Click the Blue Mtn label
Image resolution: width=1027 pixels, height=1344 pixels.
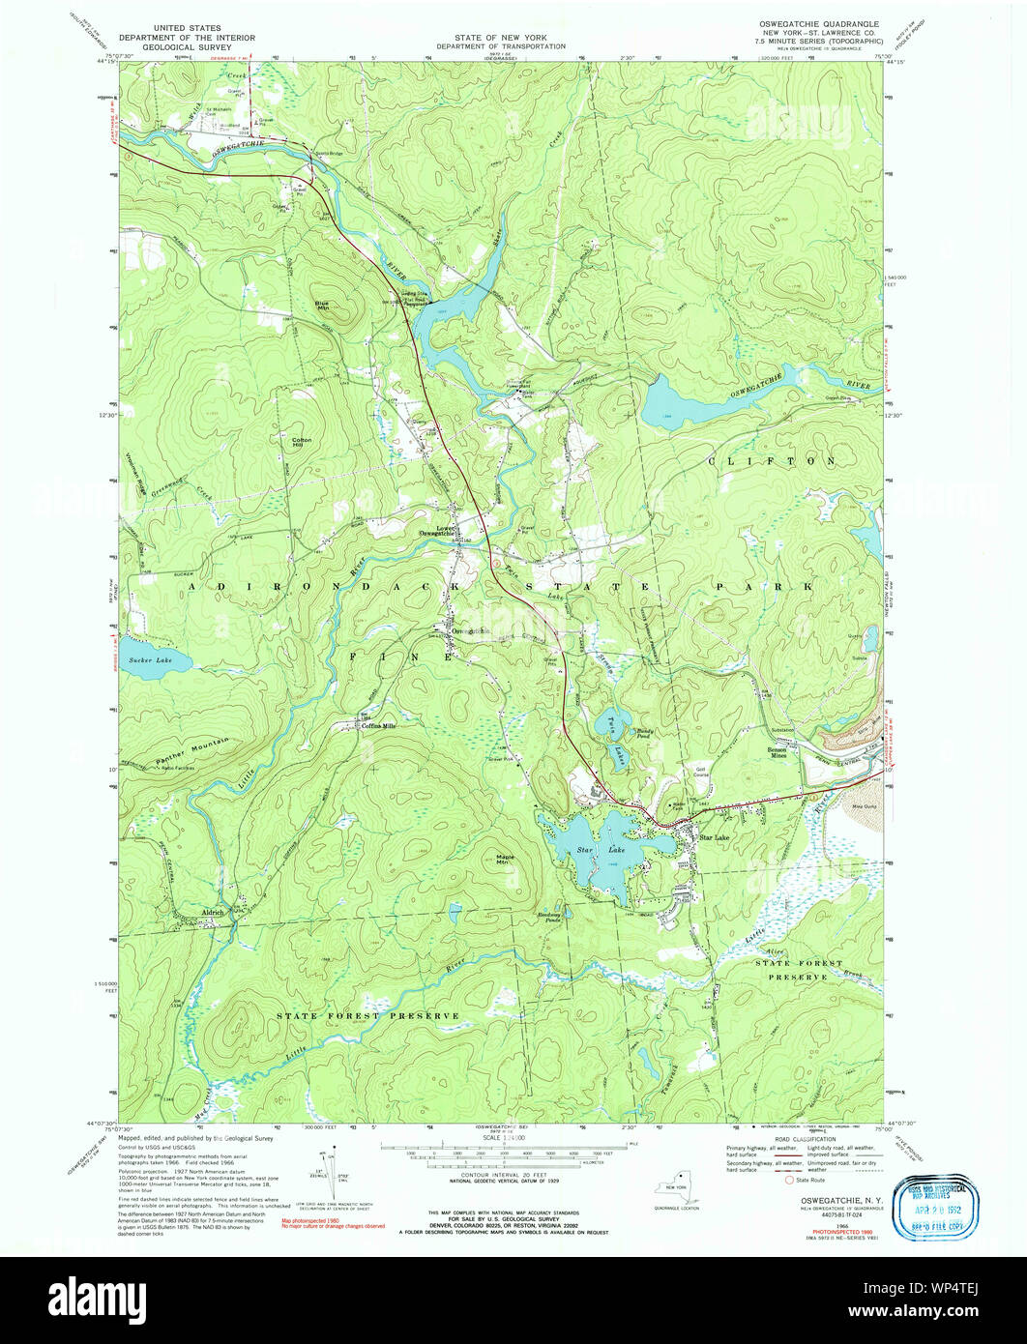[x=321, y=306]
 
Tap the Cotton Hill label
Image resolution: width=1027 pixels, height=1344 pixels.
[x=300, y=443]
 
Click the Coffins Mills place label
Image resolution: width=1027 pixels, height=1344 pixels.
[x=378, y=726]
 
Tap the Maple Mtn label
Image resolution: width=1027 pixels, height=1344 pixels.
[x=504, y=858]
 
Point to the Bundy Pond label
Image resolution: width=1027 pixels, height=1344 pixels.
[x=646, y=732]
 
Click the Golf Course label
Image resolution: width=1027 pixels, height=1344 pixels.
[x=702, y=773]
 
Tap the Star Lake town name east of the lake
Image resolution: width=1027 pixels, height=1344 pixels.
[x=714, y=837]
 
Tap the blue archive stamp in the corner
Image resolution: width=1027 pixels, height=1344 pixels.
[x=938, y=1208]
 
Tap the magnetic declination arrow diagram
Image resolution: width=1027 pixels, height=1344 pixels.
[x=330, y=1175]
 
